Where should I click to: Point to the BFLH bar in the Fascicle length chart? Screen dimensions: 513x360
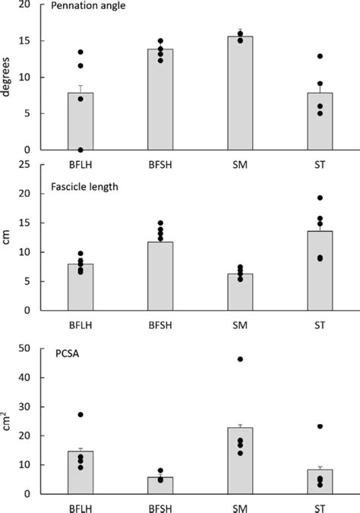[x=81, y=287]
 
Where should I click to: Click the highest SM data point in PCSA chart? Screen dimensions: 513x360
[x=241, y=359]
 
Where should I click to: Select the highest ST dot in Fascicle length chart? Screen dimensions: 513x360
[x=321, y=198]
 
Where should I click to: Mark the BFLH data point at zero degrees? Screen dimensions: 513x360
[x=81, y=150]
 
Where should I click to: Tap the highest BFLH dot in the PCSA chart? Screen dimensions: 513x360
[x=81, y=414]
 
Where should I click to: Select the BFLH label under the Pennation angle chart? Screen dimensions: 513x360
[x=81, y=161]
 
